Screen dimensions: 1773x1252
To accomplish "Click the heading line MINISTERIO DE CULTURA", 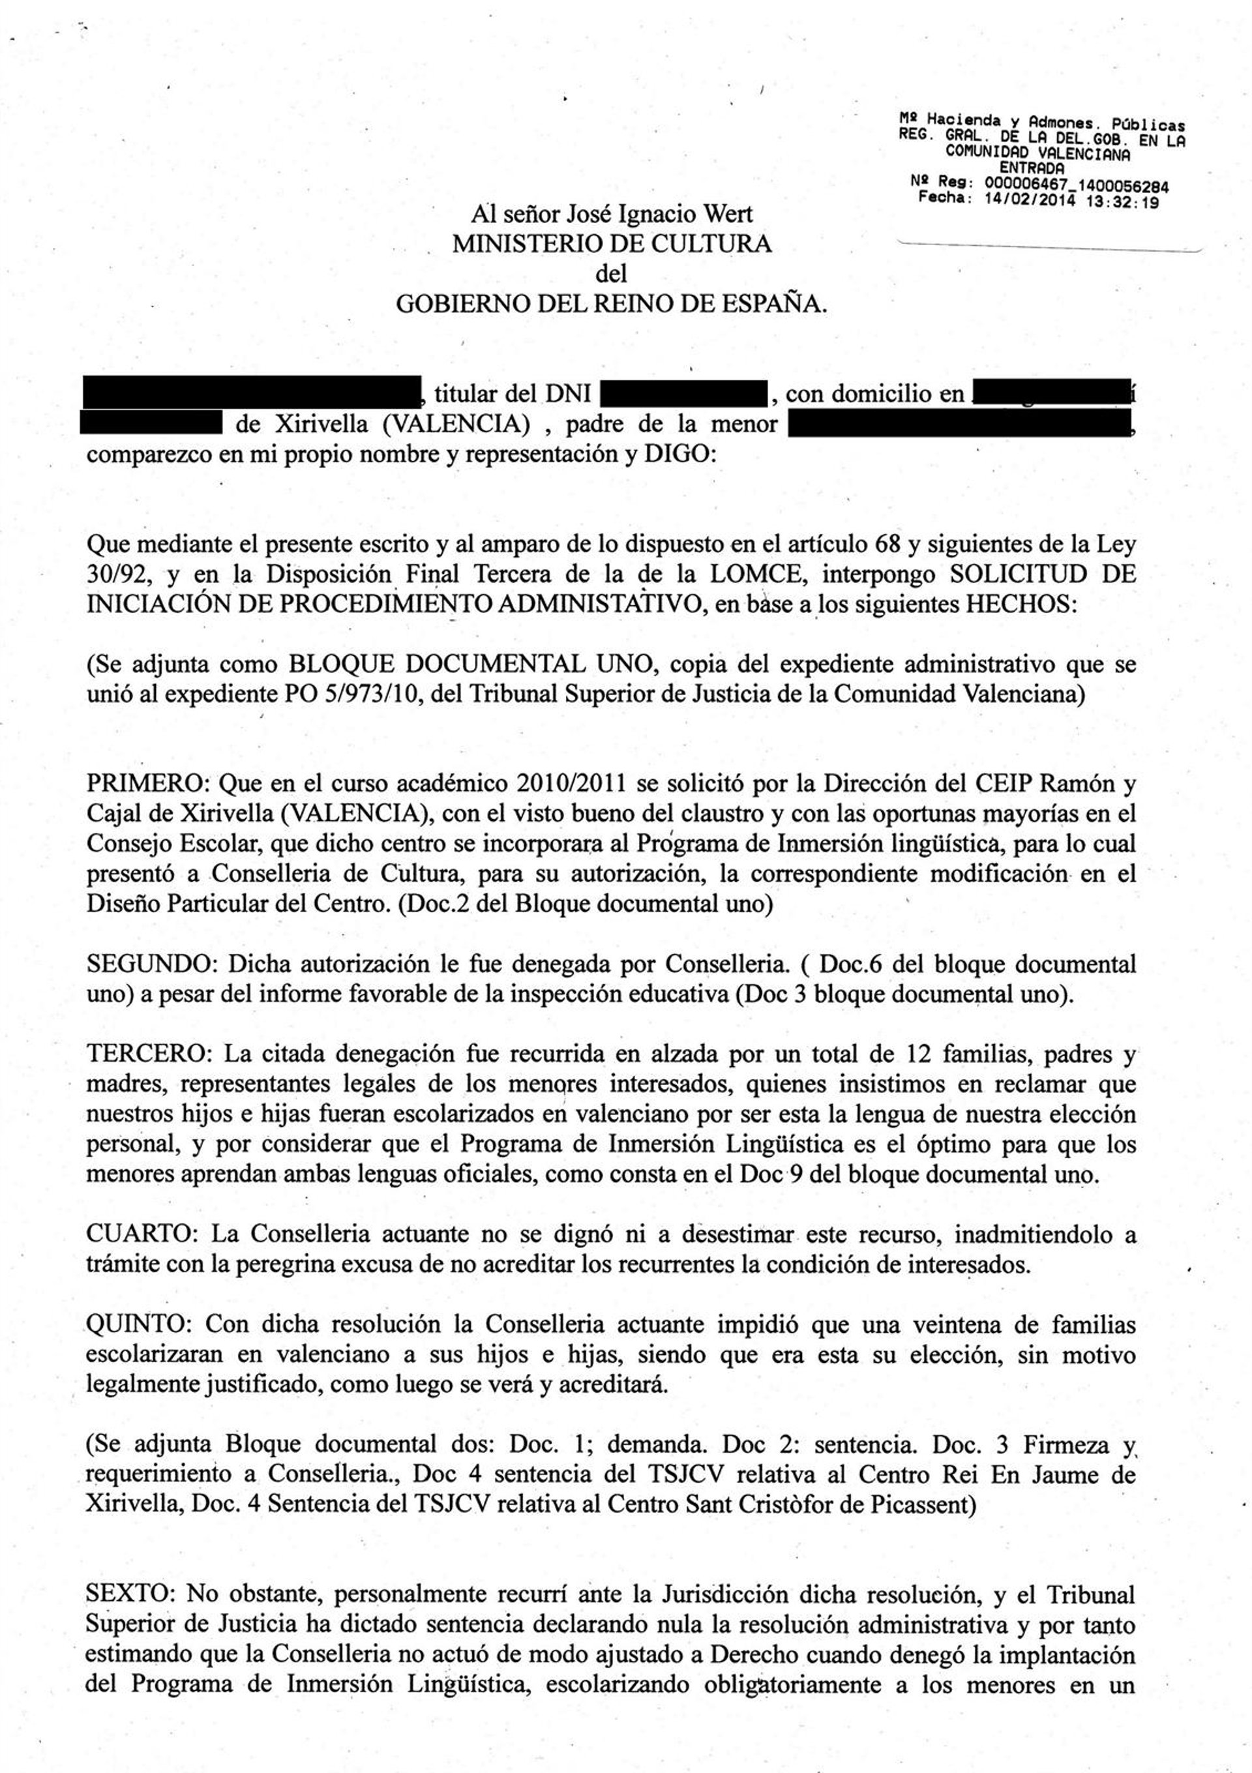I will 611,244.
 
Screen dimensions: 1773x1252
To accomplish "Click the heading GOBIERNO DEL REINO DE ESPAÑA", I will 611,305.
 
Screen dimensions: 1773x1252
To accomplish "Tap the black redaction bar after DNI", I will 683,394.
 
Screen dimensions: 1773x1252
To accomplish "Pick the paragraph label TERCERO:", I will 149,1054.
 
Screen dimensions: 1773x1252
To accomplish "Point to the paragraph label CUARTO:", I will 143,1234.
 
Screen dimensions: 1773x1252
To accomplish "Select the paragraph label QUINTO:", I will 140,1324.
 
